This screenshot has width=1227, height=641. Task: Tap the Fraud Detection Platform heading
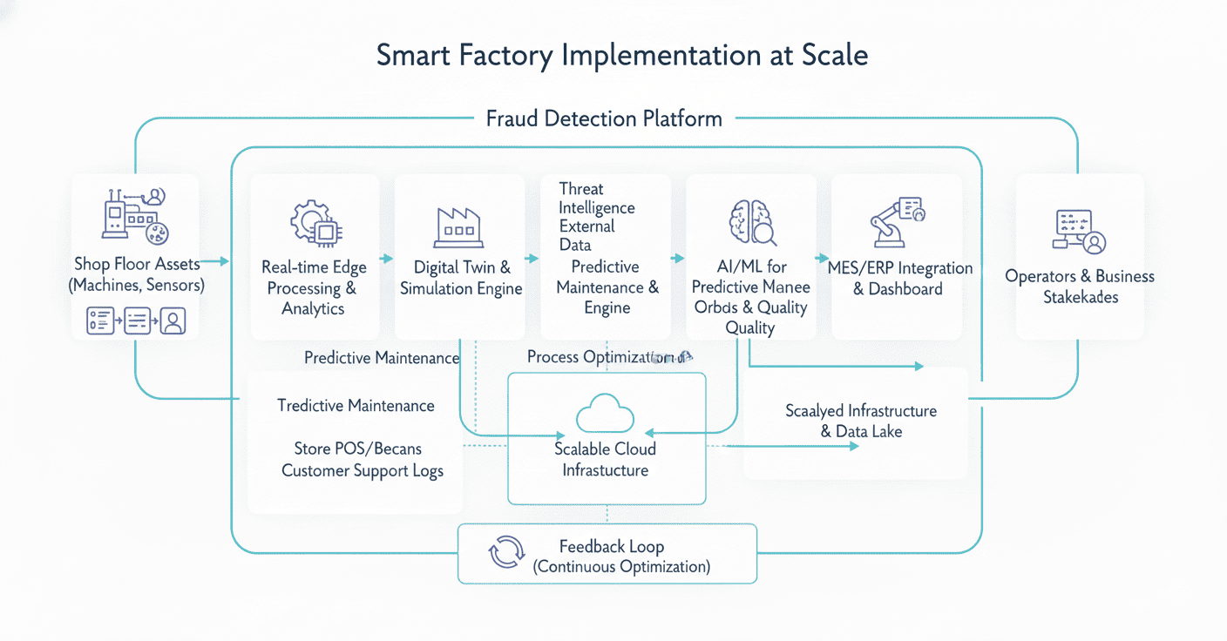tap(604, 118)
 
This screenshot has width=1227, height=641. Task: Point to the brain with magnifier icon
tap(751, 222)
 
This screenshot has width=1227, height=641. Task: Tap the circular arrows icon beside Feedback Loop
tap(507, 552)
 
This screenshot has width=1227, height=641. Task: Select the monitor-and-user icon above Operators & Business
tap(1080, 231)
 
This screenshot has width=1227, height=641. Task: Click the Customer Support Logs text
tap(362, 471)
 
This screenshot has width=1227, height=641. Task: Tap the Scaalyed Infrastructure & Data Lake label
tap(860, 421)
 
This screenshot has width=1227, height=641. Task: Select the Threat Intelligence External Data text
tap(597, 217)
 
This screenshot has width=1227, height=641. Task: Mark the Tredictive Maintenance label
tap(356, 406)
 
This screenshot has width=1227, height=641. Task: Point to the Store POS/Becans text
tap(357, 449)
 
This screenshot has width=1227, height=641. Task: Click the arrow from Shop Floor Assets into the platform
tap(218, 261)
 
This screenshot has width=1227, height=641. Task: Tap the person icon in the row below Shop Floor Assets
tap(173, 322)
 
